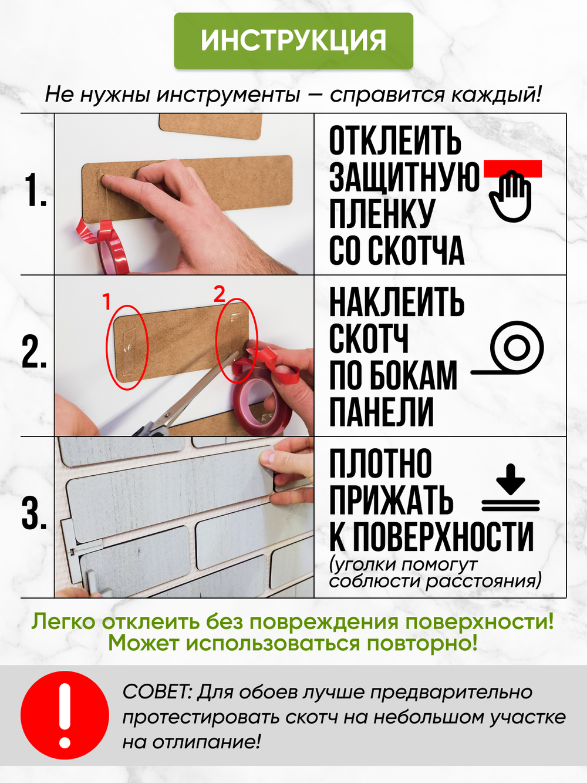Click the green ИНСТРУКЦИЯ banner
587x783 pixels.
click(x=293, y=41)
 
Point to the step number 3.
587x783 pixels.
click(x=35, y=514)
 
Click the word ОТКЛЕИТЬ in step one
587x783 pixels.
click(x=395, y=142)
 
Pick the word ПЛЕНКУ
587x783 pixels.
click(x=382, y=214)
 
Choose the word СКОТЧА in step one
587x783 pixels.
click(x=416, y=251)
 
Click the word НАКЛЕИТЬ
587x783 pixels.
click(x=397, y=303)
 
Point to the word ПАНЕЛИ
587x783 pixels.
click(x=382, y=412)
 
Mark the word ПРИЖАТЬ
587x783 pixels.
click(x=391, y=500)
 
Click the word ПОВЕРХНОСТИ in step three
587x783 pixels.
click(x=443, y=537)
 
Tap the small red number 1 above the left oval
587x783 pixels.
click(x=107, y=302)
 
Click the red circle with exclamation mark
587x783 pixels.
click(x=65, y=715)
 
